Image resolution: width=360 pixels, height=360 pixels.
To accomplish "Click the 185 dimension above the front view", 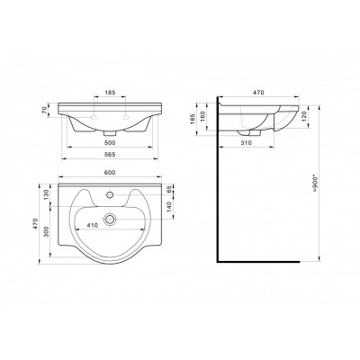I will pyautogui.click(x=110, y=93).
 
